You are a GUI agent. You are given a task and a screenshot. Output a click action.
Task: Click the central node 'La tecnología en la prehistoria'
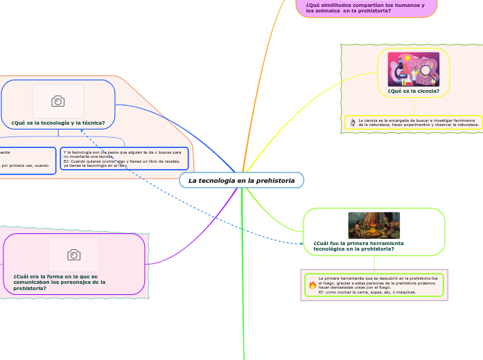pos(241,181)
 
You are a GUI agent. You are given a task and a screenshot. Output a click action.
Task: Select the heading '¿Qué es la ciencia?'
pos(413,91)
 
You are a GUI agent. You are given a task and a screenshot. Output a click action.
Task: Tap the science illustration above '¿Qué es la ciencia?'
pos(413,69)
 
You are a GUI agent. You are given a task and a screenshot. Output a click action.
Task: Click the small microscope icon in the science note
pos(353,123)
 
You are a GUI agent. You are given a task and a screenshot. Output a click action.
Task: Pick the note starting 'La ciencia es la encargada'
pos(417,123)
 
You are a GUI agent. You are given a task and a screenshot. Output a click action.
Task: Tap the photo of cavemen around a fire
pos(374,226)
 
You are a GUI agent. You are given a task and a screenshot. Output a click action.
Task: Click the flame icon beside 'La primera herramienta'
pos(312,285)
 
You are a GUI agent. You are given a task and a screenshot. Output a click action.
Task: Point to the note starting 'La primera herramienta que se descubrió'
pos(378,285)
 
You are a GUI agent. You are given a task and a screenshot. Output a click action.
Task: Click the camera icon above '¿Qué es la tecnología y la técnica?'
pos(58,102)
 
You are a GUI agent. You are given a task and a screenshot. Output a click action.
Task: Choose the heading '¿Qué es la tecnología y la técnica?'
pos(58,123)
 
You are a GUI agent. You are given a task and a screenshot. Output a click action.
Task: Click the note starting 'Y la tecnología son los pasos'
pos(124,159)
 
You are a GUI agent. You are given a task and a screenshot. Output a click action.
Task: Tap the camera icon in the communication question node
pos(73,255)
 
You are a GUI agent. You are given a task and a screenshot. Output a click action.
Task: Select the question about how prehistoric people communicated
pos(60,282)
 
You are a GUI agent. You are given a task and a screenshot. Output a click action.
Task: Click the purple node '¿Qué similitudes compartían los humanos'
pos(365,8)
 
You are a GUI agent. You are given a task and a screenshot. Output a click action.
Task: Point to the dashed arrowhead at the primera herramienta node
pos(301,243)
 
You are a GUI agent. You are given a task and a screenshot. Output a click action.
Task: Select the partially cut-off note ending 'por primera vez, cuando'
pos(27,160)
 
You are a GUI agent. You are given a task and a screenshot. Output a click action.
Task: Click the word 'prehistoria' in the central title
pos(274,181)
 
